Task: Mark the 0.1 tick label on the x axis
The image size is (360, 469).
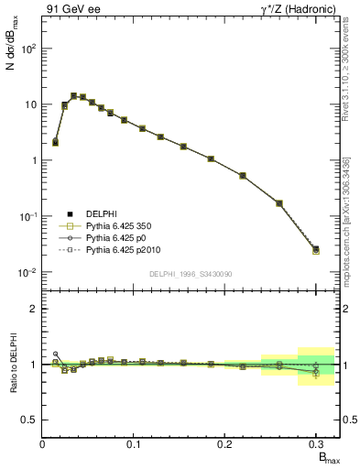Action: click(x=134, y=445)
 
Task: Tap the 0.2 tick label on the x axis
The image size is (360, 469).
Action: click(x=224, y=445)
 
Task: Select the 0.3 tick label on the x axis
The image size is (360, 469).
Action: click(x=315, y=445)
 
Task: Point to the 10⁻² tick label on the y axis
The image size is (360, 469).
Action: click(x=26, y=272)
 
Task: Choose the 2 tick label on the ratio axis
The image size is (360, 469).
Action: click(x=32, y=309)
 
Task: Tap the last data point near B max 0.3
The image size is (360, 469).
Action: click(x=316, y=249)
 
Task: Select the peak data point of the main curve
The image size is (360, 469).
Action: click(x=73, y=95)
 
